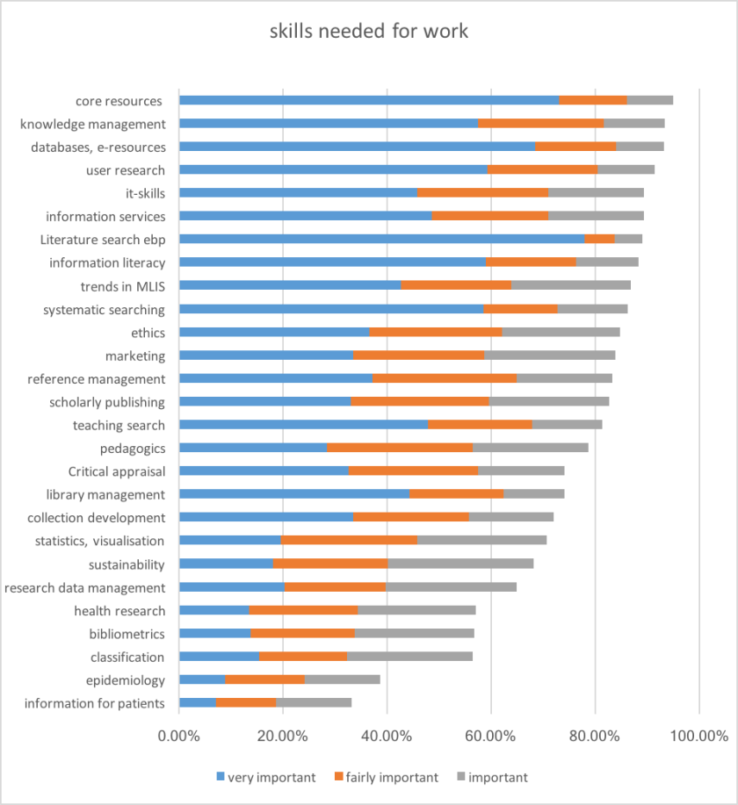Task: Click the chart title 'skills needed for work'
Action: tap(369, 32)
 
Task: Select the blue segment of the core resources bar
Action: tap(369, 100)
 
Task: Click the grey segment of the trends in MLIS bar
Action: tap(571, 285)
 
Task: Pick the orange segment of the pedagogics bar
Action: tap(400, 448)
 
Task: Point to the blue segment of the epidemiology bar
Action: tap(202, 679)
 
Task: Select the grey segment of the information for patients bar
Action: tap(314, 702)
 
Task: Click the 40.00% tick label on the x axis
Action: tap(387, 737)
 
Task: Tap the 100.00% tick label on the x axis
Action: tap(698, 737)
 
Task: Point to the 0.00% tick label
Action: tap(179, 737)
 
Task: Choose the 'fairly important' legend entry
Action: tap(386, 777)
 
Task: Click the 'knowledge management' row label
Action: tap(92, 124)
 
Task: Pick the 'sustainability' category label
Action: tap(127, 564)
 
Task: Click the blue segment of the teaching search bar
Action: tap(303, 425)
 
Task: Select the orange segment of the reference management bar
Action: tap(445, 378)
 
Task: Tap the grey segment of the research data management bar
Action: tap(452, 586)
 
